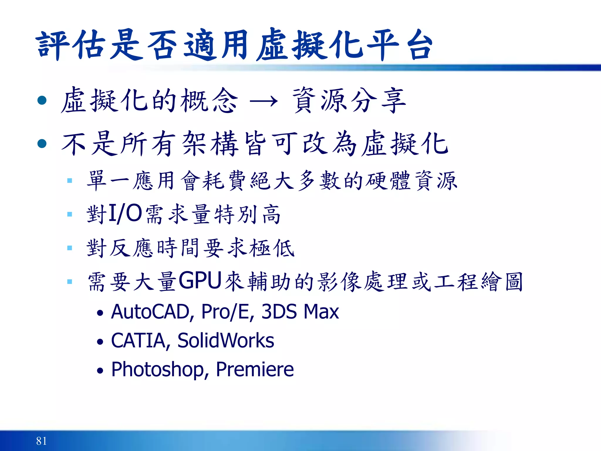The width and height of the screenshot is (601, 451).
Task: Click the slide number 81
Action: coord(41,441)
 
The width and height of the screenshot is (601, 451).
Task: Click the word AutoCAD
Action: coord(150,312)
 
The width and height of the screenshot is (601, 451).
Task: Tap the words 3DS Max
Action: coord(300,312)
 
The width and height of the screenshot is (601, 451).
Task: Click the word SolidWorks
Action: coord(226,341)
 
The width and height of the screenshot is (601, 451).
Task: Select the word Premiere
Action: coord(255,369)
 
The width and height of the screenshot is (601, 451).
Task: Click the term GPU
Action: coord(200,281)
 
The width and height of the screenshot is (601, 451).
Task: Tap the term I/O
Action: coord(125,214)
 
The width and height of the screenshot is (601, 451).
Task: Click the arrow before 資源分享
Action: coord(263,102)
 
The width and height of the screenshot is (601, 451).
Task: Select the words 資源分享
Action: coord(349,101)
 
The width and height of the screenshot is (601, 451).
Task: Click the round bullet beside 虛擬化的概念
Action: coord(42,100)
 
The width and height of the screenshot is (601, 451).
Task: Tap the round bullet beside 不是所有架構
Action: coord(42,144)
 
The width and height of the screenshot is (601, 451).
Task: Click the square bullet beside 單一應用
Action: coord(70,181)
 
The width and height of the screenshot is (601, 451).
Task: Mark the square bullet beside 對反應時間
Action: coord(70,248)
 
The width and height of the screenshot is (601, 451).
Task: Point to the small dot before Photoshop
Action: coord(100,371)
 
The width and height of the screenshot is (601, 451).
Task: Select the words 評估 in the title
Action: coord(71,46)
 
